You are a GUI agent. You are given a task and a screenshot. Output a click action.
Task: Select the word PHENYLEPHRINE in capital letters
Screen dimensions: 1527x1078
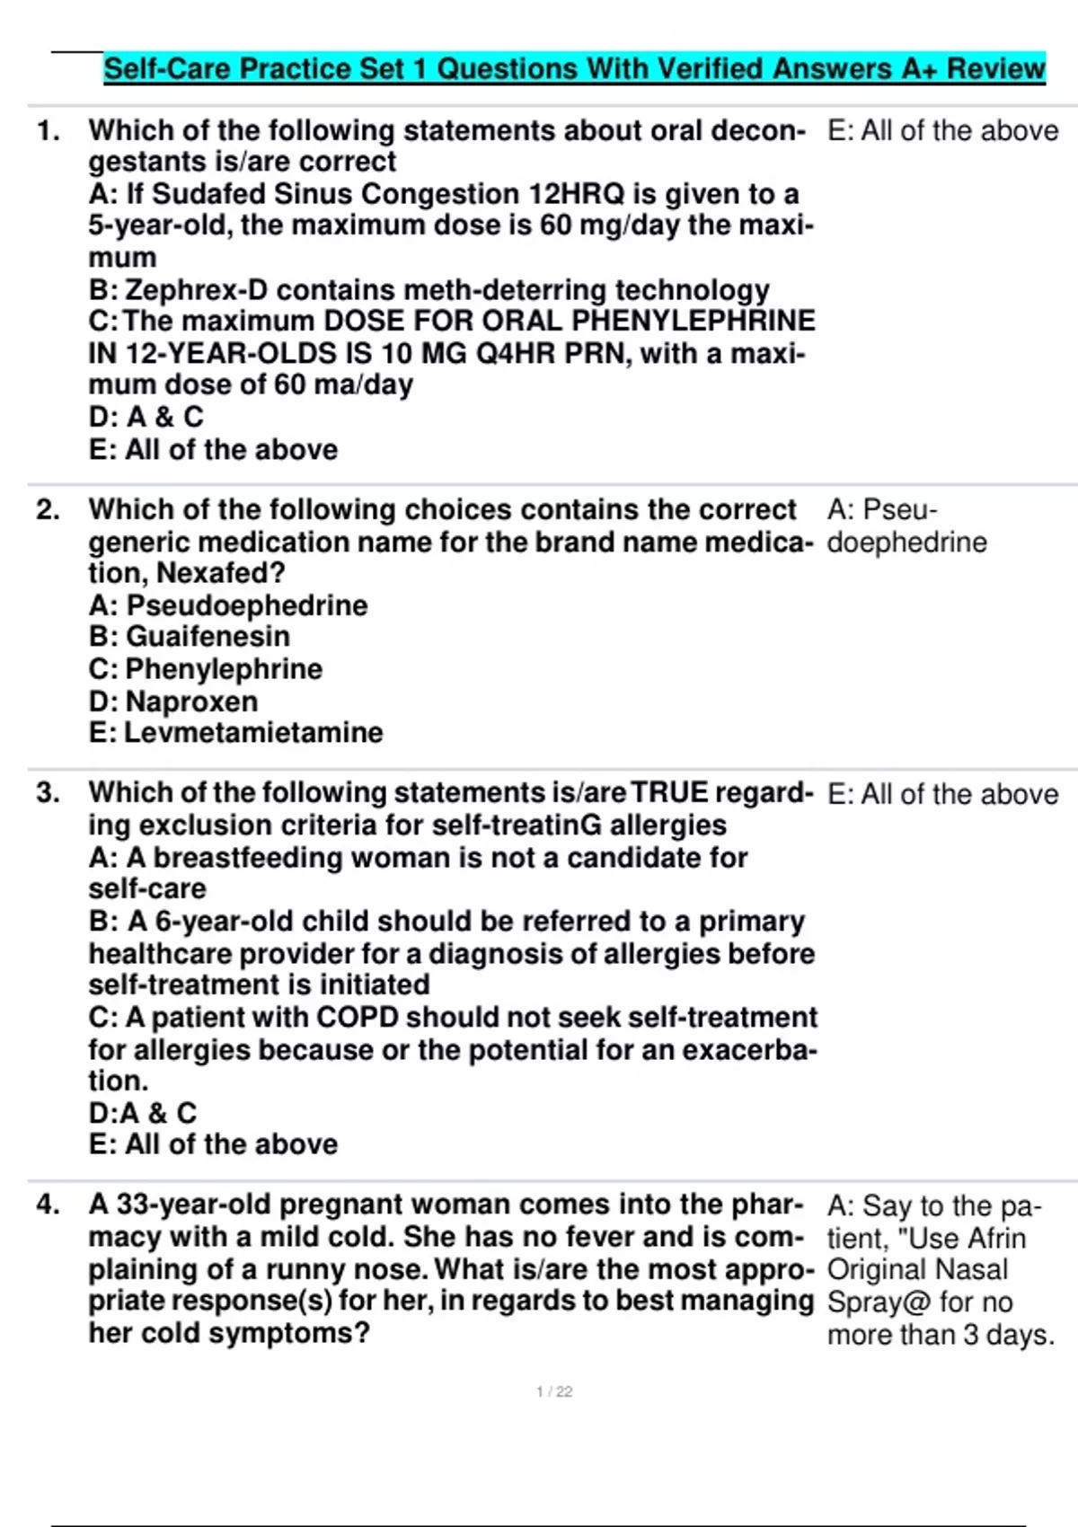[x=694, y=322]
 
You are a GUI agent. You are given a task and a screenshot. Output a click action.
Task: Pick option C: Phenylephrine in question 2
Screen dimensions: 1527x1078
[x=206, y=669]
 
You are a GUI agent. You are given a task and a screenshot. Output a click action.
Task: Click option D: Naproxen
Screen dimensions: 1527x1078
[x=173, y=702]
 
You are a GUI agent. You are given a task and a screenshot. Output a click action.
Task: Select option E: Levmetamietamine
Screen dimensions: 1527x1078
[x=235, y=733]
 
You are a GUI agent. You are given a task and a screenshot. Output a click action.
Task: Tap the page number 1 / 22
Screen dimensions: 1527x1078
[x=554, y=1392]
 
